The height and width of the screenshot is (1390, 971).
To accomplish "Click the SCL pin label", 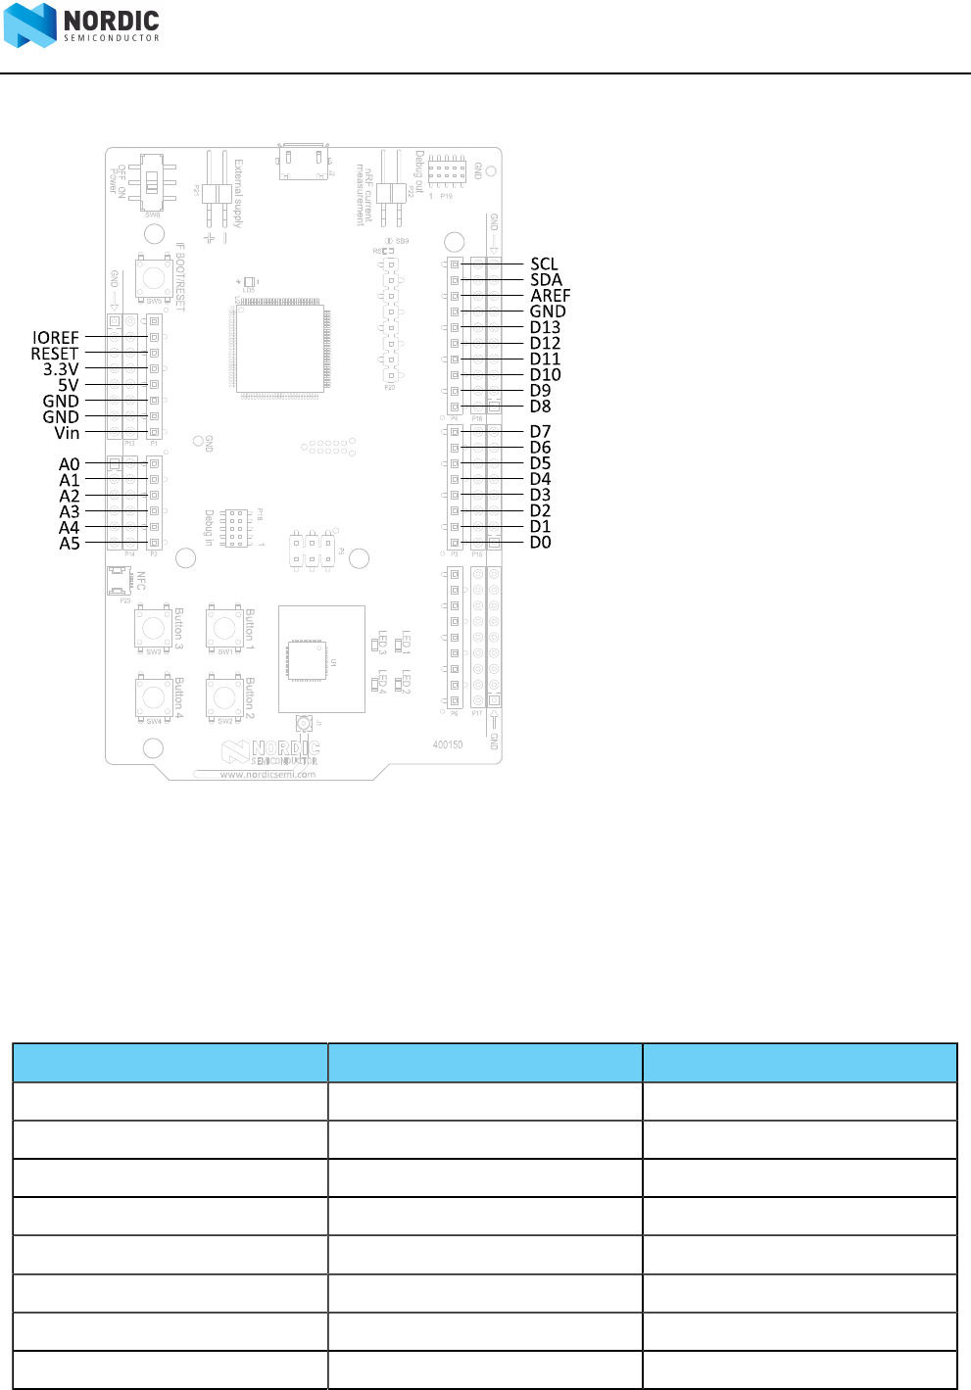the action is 544,264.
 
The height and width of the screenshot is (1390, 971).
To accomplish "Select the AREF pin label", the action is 550,295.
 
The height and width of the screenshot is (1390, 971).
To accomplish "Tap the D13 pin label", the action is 545,327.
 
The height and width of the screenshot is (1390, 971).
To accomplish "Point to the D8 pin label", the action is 540,407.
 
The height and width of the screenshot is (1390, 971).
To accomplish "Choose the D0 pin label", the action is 540,543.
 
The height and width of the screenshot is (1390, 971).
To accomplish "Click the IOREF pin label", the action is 56,338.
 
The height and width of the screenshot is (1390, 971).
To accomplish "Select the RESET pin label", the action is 55,354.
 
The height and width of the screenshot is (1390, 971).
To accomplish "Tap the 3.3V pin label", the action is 61,369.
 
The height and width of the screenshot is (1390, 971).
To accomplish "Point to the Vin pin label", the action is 67,433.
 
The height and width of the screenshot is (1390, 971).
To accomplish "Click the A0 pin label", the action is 69,464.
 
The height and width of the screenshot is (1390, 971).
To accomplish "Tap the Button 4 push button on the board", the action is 154,696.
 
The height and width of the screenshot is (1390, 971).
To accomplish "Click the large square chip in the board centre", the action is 280,348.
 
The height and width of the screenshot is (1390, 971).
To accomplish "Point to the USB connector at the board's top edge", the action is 303,162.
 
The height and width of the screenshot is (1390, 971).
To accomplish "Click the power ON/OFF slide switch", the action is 153,183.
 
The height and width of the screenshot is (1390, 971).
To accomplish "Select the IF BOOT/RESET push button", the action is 154,276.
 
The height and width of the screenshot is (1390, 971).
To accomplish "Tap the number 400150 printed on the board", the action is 448,744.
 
